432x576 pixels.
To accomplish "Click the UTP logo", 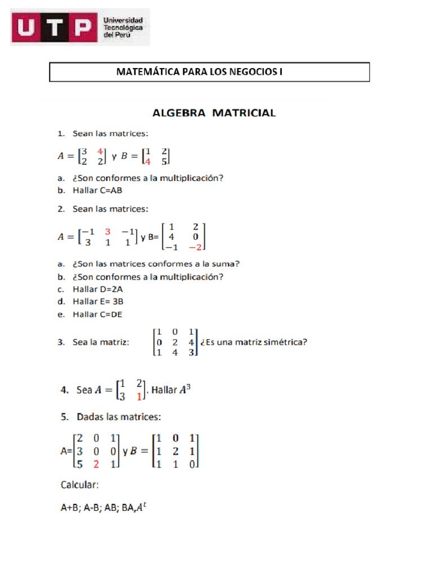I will click(53, 28).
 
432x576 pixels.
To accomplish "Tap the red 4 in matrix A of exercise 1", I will click(100, 151).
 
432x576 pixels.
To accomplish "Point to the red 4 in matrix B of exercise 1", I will click(147, 161).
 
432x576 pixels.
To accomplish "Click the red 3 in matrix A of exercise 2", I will click(107, 232).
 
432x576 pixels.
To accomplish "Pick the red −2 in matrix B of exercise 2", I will click(195, 246).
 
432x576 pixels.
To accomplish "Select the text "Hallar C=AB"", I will click(97, 190).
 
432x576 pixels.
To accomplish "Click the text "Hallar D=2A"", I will click(97, 289).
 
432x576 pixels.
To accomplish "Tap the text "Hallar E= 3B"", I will click(98, 301).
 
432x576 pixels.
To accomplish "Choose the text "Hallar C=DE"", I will click(97, 314).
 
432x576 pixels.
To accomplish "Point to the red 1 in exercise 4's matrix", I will click(139, 397).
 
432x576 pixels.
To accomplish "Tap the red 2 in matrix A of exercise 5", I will click(96, 464).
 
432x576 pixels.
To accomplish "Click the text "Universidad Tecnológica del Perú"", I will click(123, 27).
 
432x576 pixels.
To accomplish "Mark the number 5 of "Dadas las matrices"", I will click(63, 418).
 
